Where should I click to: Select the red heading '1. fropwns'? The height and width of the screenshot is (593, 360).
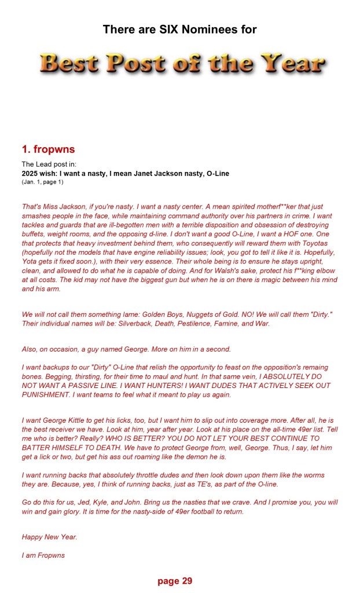coord(50,149)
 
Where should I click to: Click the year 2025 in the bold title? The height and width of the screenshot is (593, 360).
coord(31,173)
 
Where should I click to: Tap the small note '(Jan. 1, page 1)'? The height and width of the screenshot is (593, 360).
coord(42,182)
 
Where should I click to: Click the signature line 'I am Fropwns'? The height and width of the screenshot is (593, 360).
coord(43,555)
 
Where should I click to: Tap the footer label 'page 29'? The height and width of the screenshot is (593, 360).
coord(174,581)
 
